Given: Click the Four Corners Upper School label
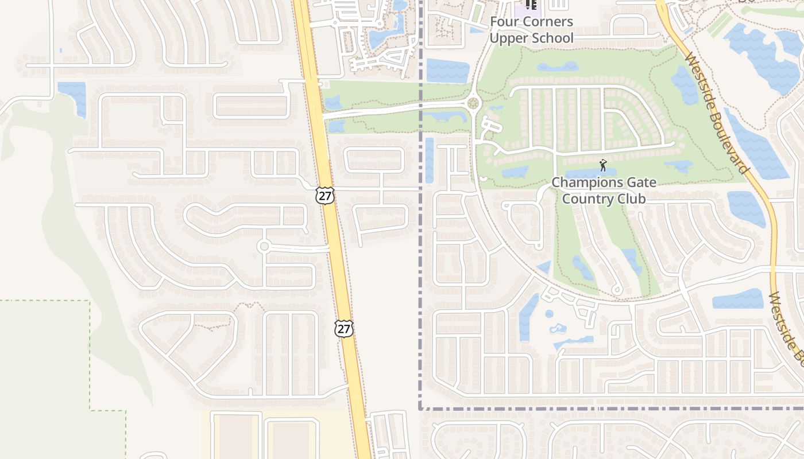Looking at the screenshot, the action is point(531,30).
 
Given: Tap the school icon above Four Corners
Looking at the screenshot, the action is point(531,5).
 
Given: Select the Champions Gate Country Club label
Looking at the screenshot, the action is point(603,190).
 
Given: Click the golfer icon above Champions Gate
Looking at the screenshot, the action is point(602,166).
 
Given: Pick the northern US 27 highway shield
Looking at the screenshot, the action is point(325,195).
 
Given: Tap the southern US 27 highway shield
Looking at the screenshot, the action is point(343,328).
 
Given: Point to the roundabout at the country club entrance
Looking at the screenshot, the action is point(473,104).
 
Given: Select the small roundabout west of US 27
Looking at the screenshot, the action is point(264,247).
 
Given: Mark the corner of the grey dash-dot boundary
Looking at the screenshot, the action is point(421,409).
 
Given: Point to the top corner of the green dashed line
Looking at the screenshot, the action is point(90,300).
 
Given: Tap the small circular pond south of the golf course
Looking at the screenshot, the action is point(549,314).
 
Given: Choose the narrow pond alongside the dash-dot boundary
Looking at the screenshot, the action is point(429,160).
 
